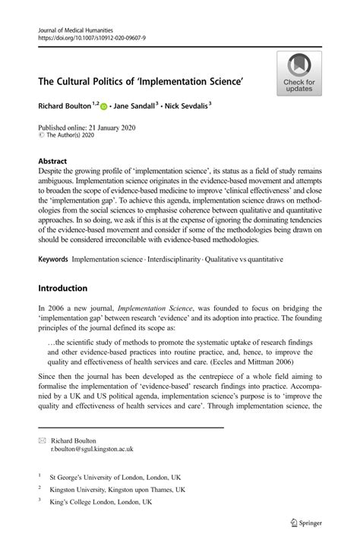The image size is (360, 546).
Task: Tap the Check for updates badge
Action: click(298, 74)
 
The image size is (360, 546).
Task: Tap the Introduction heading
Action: click(63, 289)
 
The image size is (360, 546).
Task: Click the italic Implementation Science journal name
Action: click(154, 310)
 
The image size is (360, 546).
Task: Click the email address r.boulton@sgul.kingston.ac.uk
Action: click(91, 449)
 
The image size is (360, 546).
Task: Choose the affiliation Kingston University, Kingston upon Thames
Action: click(117, 490)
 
